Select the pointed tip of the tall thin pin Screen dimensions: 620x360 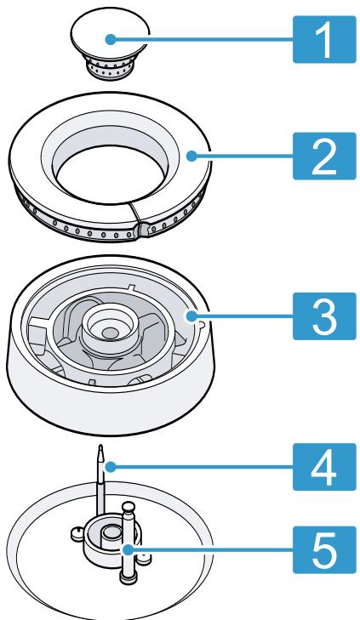(100, 447)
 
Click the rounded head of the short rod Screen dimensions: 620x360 (129, 509)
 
